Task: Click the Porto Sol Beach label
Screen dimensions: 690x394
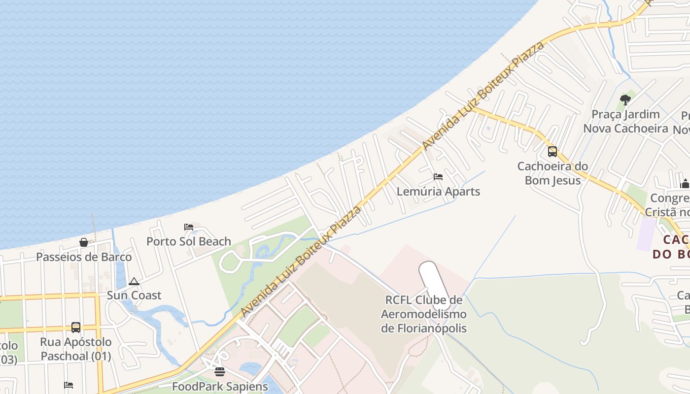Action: (189, 241)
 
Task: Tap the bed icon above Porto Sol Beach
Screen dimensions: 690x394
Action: (189, 227)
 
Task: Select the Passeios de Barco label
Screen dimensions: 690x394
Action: (84, 257)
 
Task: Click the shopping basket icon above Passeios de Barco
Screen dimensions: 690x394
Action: (84, 242)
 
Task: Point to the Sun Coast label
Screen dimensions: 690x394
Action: (134, 295)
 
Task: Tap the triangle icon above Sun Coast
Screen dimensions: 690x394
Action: (134, 282)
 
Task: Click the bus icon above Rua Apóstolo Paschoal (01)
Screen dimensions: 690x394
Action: (76, 327)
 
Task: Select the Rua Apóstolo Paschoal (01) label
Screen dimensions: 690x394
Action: (76, 349)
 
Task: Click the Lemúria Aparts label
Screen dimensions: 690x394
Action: (438, 191)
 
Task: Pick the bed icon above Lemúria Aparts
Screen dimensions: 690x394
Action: (438, 176)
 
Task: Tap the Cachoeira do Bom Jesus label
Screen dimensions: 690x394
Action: (552, 173)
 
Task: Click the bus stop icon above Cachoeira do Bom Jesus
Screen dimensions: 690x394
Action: (552, 151)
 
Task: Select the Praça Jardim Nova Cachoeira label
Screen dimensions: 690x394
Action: (625, 121)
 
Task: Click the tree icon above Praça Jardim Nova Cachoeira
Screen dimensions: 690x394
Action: (625, 100)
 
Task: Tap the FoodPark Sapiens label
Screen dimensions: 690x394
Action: (220, 386)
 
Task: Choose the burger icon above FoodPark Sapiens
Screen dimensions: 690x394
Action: (220, 371)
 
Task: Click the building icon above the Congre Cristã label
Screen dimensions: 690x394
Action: (685, 184)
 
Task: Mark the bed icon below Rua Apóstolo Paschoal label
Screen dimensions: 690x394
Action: (69, 385)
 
